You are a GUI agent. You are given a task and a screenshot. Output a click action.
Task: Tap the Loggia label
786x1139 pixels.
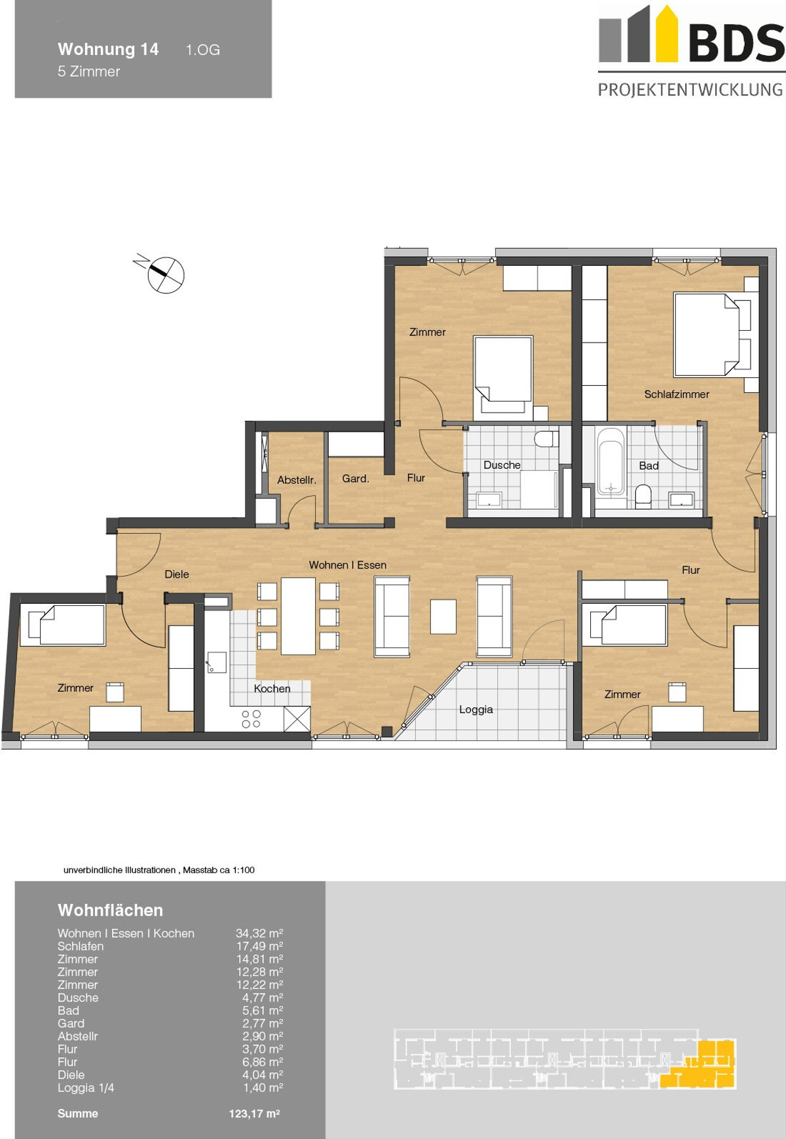tap(476, 709)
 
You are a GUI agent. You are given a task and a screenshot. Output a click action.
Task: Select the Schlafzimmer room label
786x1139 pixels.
tap(677, 394)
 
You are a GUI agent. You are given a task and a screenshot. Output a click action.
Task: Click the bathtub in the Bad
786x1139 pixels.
tap(610, 462)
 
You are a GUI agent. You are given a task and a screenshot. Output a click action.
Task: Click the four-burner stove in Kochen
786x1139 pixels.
tap(251, 719)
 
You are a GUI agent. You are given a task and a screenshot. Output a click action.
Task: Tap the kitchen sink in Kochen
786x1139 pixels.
tap(216, 662)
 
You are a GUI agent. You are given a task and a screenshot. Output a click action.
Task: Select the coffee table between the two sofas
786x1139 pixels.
tap(443, 616)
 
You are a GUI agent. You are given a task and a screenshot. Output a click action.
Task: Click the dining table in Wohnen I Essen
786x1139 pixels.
tap(298, 616)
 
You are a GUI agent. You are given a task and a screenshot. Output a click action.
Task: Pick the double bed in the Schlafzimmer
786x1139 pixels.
tap(711, 335)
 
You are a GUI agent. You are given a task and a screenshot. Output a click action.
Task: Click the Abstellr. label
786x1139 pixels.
tap(297, 480)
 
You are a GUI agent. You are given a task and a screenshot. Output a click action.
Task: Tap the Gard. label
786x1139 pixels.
tap(356, 479)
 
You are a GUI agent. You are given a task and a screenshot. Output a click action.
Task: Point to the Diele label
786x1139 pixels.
tap(177, 574)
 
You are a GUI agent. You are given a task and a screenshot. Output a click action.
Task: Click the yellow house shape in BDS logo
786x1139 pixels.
tap(667, 33)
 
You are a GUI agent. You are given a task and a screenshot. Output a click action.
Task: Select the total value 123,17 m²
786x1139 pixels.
tap(254, 1113)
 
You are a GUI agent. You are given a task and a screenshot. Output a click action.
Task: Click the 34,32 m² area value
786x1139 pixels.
tap(259, 933)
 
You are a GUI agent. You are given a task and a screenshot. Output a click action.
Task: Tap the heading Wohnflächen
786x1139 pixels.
tap(110, 910)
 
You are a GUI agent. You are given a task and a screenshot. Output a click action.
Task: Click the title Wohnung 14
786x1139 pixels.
tap(108, 49)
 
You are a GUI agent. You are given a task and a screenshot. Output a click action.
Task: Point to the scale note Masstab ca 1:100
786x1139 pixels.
tap(219, 870)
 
